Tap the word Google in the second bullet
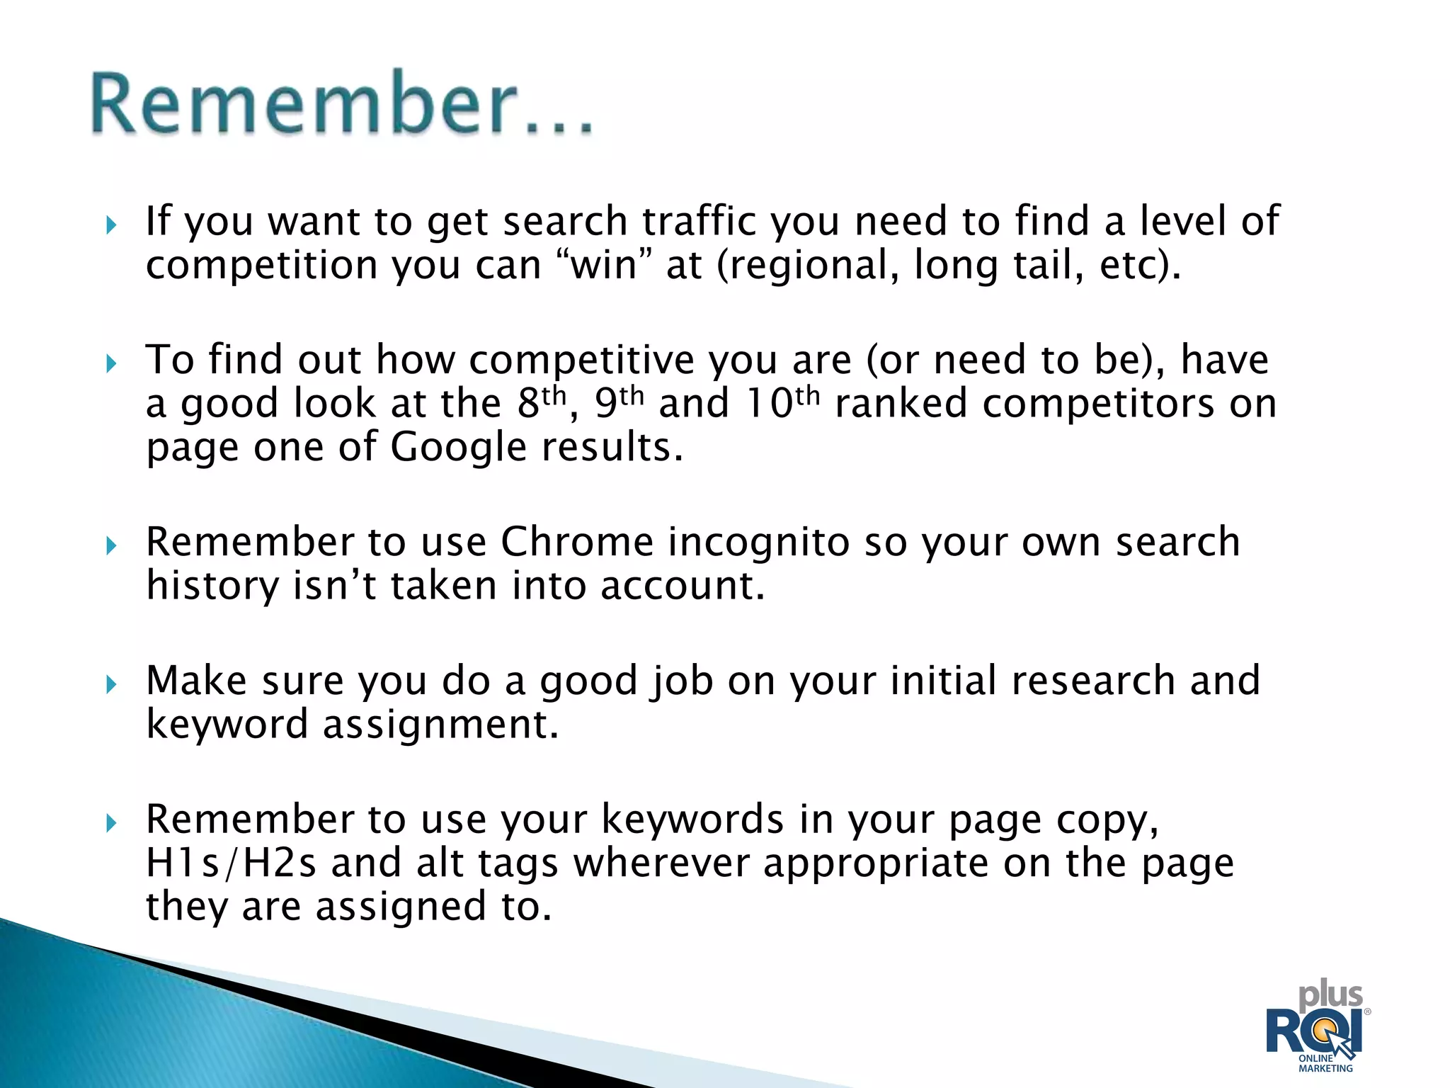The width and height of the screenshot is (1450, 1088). click(x=458, y=448)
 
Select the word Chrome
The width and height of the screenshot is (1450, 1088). click(x=577, y=543)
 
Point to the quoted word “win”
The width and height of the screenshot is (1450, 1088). click(x=601, y=266)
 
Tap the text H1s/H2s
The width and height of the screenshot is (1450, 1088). click(x=231, y=863)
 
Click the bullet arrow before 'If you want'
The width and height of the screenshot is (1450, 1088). click(x=110, y=226)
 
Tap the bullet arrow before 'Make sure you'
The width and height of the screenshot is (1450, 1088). click(x=110, y=684)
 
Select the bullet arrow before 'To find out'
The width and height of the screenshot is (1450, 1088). click(x=110, y=364)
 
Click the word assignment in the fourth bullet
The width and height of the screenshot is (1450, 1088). click(x=440, y=725)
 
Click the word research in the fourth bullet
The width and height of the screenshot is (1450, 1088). click(x=1093, y=681)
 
